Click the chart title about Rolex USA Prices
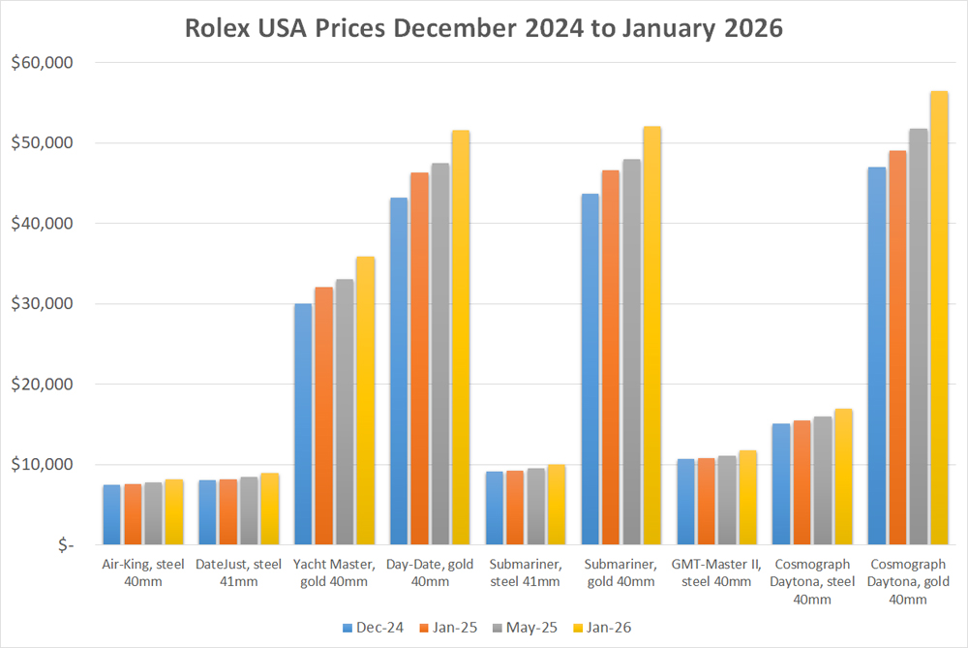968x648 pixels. (483, 28)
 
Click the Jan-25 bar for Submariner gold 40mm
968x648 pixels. (610, 357)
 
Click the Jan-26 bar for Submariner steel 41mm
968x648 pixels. (556, 505)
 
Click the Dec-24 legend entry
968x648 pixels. (372, 628)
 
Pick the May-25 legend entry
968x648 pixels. (524, 628)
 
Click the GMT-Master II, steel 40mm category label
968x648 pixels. (717, 572)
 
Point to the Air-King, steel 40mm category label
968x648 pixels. (143, 572)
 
